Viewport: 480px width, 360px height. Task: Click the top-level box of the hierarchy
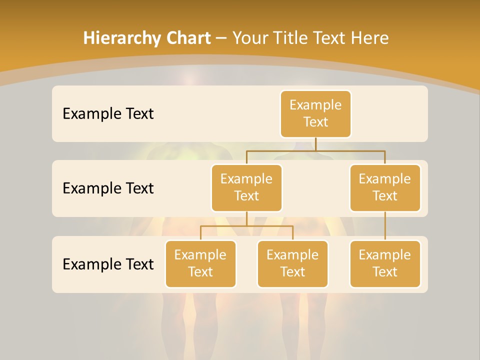point(315,113)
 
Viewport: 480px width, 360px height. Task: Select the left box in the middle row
point(246,187)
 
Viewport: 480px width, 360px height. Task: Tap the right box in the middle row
point(385,187)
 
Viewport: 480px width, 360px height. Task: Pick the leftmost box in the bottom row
point(200,263)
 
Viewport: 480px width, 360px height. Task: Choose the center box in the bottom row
point(292,263)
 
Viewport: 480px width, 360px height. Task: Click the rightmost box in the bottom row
point(385,263)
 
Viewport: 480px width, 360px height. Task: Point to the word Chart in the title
point(187,38)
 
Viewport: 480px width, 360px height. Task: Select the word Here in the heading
point(370,38)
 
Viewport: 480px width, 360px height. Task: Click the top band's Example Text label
point(108,113)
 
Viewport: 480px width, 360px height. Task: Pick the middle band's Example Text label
point(108,188)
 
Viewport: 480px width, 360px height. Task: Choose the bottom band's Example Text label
point(108,264)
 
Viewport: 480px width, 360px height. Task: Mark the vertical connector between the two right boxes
point(385,225)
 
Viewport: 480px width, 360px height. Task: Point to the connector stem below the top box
point(315,144)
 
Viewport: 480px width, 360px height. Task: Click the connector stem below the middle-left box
point(246,218)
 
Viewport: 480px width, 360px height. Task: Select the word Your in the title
point(249,38)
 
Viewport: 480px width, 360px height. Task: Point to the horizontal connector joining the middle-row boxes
point(315,150)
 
